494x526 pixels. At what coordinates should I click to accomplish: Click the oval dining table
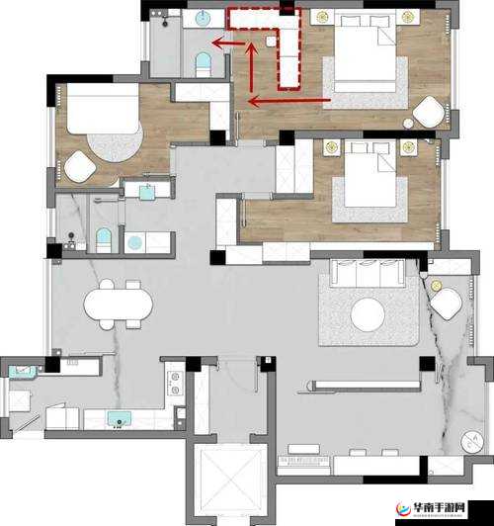click(118, 305)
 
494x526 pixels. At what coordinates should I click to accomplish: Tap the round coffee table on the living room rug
click(368, 314)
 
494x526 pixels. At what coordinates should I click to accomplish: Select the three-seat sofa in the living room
click(368, 273)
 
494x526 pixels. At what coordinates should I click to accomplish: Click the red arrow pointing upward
click(252, 67)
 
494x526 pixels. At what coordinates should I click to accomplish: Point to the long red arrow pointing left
click(289, 100)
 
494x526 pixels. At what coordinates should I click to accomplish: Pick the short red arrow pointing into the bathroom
click(228, 43)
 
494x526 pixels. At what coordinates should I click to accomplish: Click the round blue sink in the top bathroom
click(203, 18)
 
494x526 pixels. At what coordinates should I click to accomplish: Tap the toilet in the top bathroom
click(204, 64)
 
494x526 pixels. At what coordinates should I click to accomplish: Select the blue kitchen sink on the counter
click(119, 419)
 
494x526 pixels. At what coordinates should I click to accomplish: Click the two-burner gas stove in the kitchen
click(175, 383)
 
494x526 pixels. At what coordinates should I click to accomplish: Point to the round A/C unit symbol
click(472, 441)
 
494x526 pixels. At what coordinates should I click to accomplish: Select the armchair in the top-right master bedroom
click(429, 112)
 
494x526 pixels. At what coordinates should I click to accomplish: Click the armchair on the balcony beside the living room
click(446, 304)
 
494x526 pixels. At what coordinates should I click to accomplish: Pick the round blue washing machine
click(134, 242)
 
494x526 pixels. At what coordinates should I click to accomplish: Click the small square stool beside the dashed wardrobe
click(271, 42)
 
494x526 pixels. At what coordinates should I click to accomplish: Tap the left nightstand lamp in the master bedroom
click(322, 17)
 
